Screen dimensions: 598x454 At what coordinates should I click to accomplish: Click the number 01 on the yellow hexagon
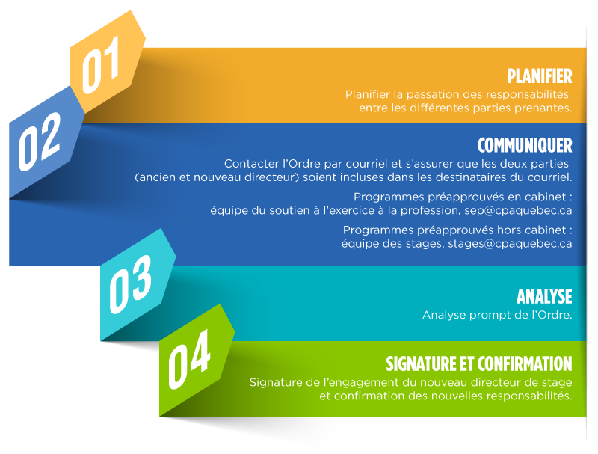tap(101, 65)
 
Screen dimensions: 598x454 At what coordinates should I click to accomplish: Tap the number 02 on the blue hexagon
tap(40, 141)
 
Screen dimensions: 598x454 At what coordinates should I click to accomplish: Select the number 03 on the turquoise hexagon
tap(130, 284)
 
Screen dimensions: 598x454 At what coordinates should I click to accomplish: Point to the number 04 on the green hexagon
tap(189, 359)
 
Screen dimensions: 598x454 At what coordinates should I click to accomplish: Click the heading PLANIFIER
tap(540, 76)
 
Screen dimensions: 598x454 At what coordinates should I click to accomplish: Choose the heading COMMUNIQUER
tap(525, 145)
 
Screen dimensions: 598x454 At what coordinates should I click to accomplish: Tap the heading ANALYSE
tap(544, 296)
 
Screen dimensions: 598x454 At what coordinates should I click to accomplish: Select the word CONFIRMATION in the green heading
tap(525, 363)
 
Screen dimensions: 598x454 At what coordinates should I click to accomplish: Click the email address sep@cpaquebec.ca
tap(518, 211)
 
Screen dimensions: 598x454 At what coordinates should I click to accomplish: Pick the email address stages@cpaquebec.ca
tap(510, 244)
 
